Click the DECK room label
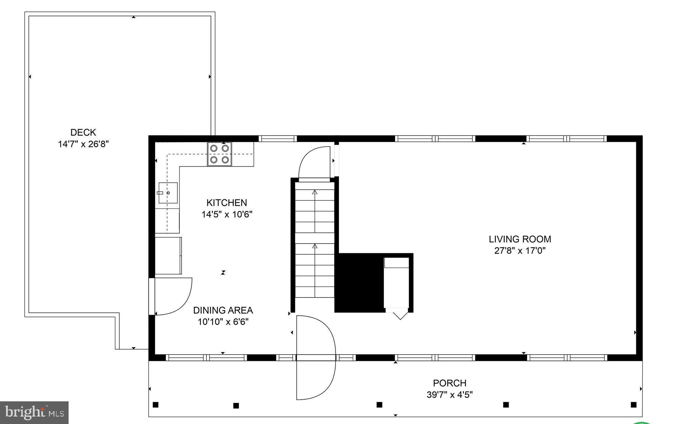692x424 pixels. [83, 132]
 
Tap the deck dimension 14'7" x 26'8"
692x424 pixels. [83, 144]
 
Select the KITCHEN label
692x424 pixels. [227, 203]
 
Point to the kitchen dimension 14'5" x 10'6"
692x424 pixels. [227, 215]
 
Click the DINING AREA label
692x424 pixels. [223, 310]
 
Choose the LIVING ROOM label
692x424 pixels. [520, 239]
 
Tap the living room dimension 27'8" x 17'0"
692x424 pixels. [520, 251]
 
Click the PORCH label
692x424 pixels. [449, 383]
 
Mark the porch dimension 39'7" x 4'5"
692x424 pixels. [449, 395]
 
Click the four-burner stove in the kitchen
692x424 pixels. [220, 154]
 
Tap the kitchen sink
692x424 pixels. [168, 193]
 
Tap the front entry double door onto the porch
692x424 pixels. [315, 358]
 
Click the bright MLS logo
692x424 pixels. [34, 412]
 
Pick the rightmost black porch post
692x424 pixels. [634, 405]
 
